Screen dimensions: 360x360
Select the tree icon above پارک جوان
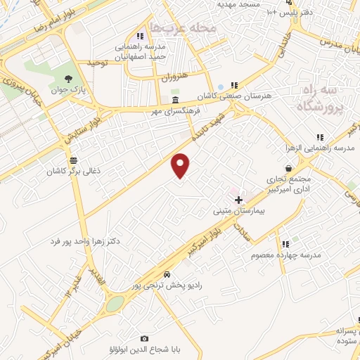click(x=68, y=79)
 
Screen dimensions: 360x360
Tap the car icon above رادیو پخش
click(x=167, y=274)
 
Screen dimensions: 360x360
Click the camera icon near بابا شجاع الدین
click(x=145, y=338)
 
